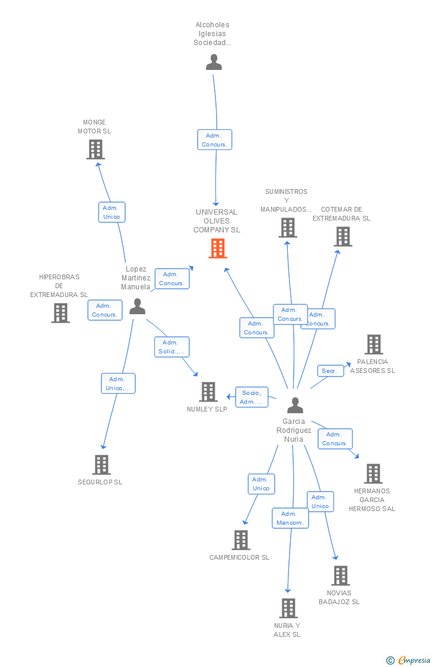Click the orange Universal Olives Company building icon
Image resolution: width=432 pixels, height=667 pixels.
pyautogui.click(x=218, y=248)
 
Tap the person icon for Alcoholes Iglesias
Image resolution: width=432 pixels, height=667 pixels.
pyautogui.click(x=214, y=62)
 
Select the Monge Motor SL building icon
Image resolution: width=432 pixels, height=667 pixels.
pyautogui.click(x=96, y=149)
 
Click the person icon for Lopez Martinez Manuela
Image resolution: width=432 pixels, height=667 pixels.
pyautogui.click(x=137, y=307)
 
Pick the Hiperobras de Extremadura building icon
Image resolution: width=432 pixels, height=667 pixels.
pyautogui.click(x=61, y=313)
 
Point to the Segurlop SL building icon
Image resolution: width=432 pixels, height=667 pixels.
pyautogui.click(x=101, y=465)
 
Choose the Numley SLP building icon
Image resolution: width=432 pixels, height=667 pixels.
pyautogui.click(x=208, y=392)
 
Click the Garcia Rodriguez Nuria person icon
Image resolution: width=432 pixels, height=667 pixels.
pyautogui.click(x=295, y=405)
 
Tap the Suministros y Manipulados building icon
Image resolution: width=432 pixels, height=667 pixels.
pyautogui.click(x=288, y=228)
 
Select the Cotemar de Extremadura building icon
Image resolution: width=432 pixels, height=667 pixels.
pyautogui.click(x=342, y=237)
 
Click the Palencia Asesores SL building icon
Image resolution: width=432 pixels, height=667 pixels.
pyautogui.click(x=374, y=344)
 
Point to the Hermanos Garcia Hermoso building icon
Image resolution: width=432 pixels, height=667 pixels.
pyautogui.click(x=373, y=474)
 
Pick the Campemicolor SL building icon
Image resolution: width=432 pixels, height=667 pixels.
pyautogui.click(x=241, y=540)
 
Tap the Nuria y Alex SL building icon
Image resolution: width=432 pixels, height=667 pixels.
pyautogui.click(x=288, y=608)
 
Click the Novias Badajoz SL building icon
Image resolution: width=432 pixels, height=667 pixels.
pyautogui.click(x=341, y=576)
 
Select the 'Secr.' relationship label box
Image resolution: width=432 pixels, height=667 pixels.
pyautogui.click(x=330, y=371)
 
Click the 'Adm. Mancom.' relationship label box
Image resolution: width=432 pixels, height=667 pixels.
pyautogui.click(x=290, y=518)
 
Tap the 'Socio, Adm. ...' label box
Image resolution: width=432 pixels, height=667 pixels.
pyautogui.click(x=252, y=397)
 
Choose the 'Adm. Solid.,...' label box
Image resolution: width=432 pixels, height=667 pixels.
pyautogui.click(x=171, y=347)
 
